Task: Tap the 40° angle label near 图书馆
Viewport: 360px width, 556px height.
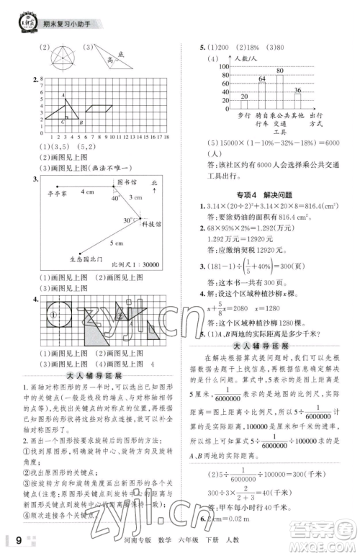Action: click(x=115, y=198)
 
